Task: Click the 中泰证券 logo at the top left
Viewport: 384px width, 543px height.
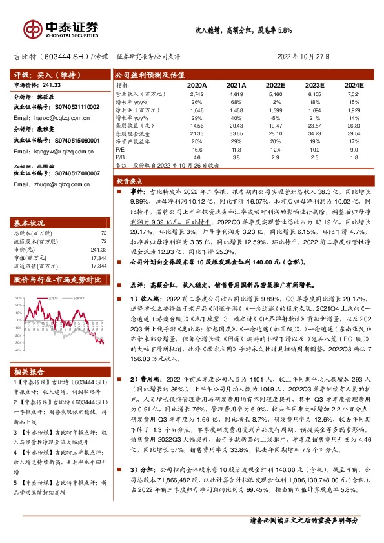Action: click(x=61, y=28)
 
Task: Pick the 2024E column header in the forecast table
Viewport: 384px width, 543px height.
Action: click(x=354, y=84)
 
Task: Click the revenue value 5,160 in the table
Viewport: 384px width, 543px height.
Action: click(x=276, y=94)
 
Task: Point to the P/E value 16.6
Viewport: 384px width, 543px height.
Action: click(x=197, y=149)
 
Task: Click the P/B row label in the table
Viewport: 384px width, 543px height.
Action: click(x=120, y=157)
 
